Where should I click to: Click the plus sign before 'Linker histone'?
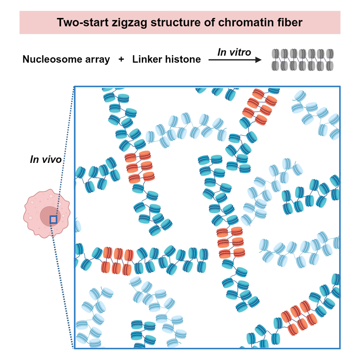[x=121, y=59]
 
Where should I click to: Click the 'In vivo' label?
[x=45, y=159]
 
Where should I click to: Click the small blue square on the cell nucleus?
[x=53, y=220]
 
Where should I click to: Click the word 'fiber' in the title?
[x=288, y=22]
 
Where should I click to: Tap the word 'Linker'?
[x=147, y=59]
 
